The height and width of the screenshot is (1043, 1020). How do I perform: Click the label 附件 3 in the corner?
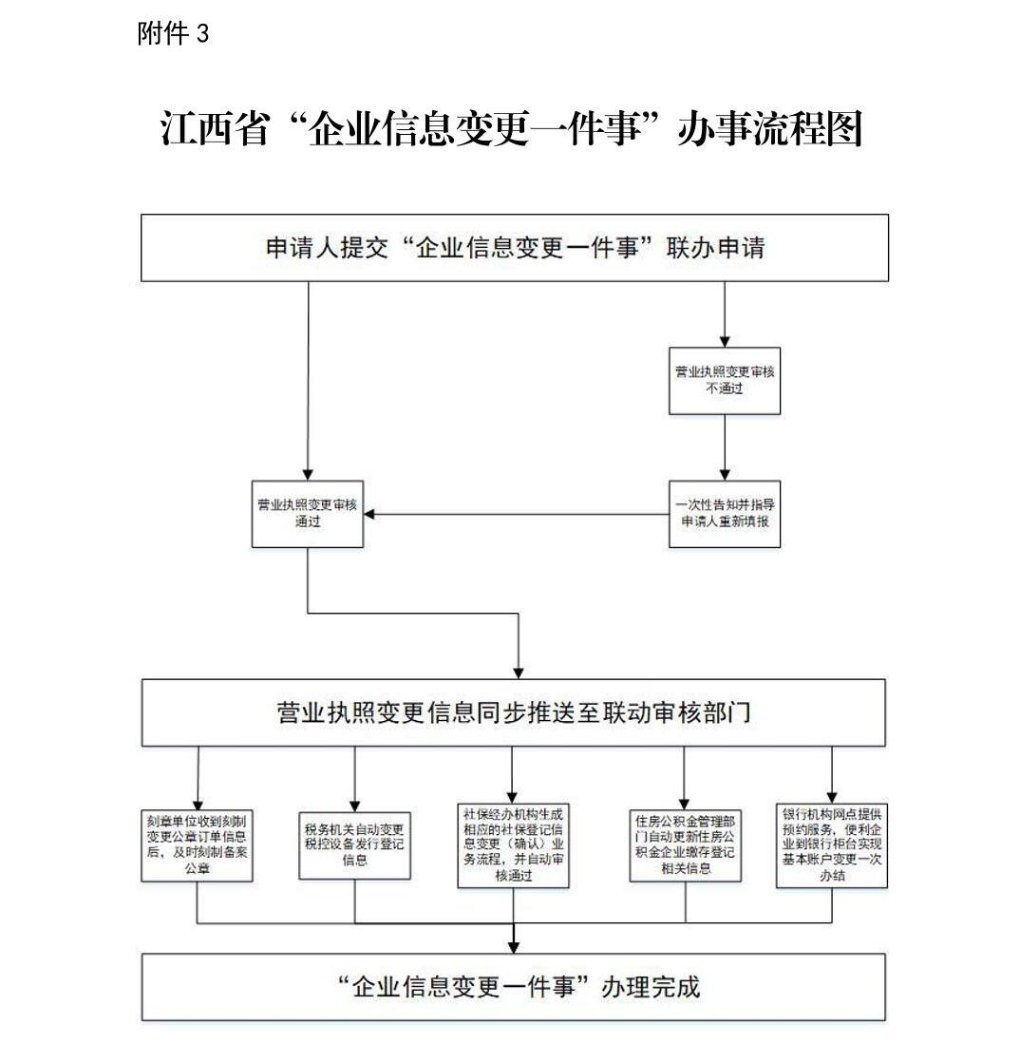pos(173,34)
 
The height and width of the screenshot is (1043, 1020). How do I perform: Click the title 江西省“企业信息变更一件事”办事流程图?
pos(511,128)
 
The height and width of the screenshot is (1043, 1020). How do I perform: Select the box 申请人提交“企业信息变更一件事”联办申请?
pos(515,248)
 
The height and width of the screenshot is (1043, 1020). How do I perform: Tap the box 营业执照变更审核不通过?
pos(725,380)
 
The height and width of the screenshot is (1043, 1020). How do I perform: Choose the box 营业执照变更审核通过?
pos(307,513)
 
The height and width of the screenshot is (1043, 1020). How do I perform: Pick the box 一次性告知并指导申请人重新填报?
pos(725,513)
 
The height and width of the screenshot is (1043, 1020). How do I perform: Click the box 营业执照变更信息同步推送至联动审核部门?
pos(514,712)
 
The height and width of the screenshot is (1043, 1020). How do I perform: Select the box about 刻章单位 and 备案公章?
pos(198,844)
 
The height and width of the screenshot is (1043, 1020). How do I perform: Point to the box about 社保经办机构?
pos(513,845)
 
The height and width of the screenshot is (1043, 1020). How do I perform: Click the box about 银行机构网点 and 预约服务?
pos(832,845)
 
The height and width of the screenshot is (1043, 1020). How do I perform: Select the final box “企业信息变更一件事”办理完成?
pos(514,987)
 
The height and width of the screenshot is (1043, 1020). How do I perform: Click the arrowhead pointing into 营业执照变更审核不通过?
pos(725,340)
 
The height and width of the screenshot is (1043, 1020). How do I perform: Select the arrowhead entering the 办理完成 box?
pos(514,946)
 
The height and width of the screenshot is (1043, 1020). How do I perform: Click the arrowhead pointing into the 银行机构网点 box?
pos(832,796)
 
